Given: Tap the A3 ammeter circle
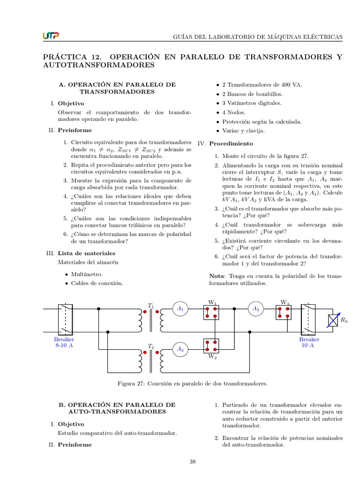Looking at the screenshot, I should pos(255,308).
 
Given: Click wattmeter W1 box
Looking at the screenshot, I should pos(211,312).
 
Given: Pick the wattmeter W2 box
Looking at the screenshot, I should pos(211,346).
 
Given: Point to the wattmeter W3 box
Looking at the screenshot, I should pos(283,312).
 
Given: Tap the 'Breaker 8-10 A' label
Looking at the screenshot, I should pos(64,342).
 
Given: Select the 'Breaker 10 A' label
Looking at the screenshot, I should pos(309,342).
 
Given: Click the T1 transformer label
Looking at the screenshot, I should pos(150,306).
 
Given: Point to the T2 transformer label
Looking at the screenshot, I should pos(150,346).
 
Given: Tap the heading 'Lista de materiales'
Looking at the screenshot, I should pos(86,253).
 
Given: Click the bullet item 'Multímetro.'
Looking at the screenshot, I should pos(87,274).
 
